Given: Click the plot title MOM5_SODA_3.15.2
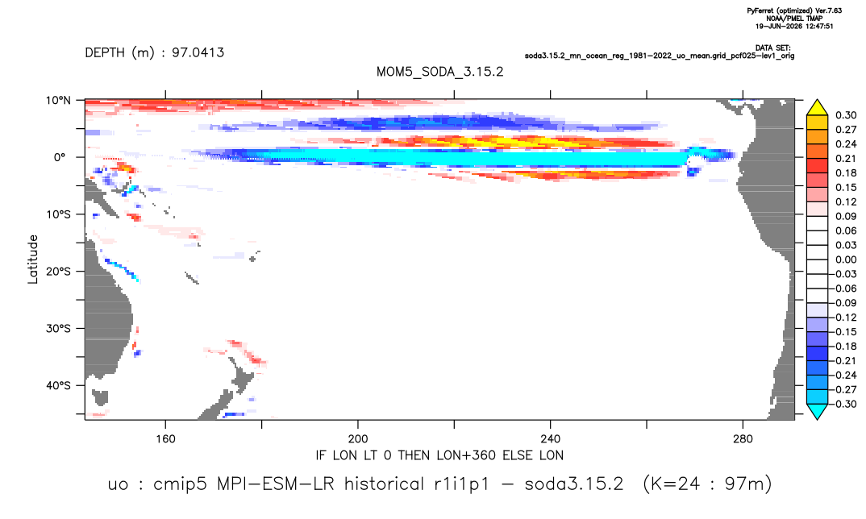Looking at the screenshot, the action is tap(439, 72).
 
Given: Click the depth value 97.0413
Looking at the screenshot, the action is tap(198, 52).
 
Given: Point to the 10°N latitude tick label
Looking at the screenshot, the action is tap(59, 101).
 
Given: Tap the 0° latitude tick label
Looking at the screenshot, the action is tap(59, 157).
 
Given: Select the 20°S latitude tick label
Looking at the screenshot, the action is tap(59, 272).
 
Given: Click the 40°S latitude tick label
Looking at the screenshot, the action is tap(59, 385).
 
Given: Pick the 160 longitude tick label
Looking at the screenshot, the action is tap(165, 439).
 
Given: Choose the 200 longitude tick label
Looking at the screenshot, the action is tap(358, 439).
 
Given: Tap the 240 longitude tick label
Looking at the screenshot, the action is tap(550, 439).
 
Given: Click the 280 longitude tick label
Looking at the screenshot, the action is tap(743, 439).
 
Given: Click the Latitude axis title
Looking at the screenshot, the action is tap(32, 259).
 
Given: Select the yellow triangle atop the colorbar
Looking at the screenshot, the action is tap(817, 107).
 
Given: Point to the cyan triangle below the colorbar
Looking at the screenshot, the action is tap(817, 412).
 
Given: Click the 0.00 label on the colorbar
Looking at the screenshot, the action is tap(846, 259).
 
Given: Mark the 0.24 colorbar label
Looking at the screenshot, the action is tap(846, 144).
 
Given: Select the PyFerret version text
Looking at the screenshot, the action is tap(794, 10).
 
